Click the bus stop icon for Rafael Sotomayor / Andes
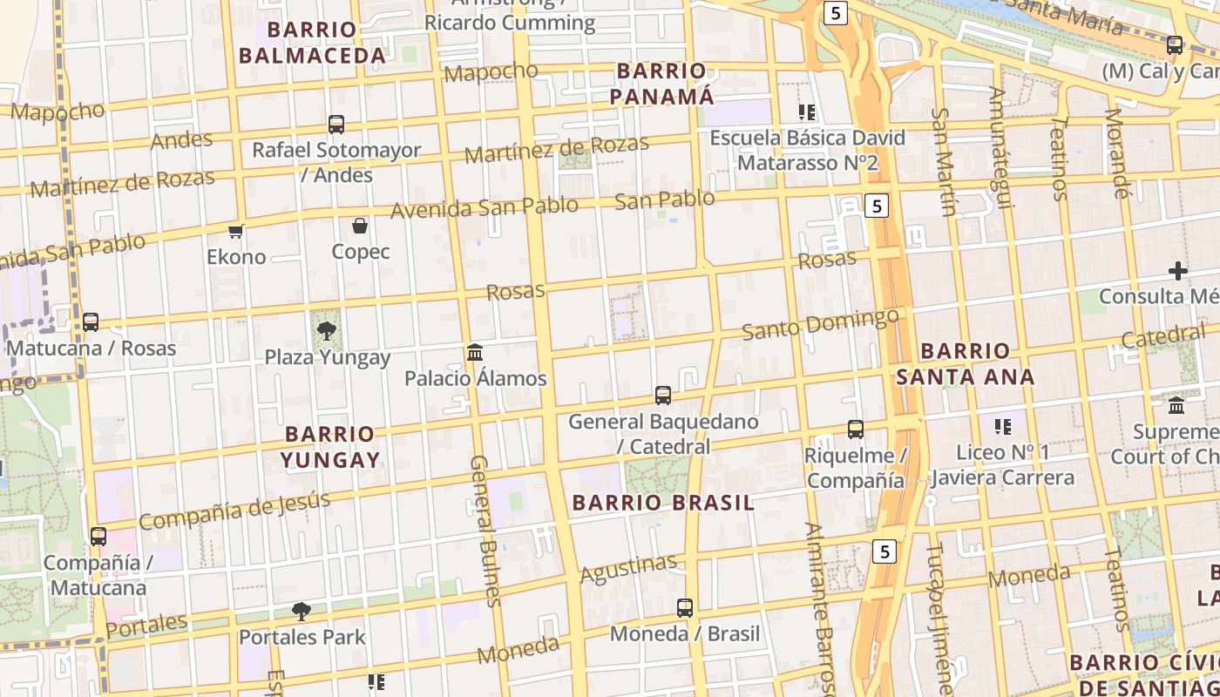pyautogui.click(x=336, y=125)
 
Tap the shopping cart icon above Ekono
pyautogui.click(x=235, y=231)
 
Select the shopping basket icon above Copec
pyautogui.click(x=360, y=227)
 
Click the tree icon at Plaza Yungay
pyautogui.click(x=327, y=330)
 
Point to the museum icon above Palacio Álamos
pyautogui.click(x=475, y=352)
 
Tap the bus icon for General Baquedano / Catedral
pyautogui.click(x=663, y=396)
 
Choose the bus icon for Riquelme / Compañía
pyautogui.click(x=856, y=430)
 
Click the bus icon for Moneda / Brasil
pyautogui.click(x=685, y=608)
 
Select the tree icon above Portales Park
pyautogui.click(x=302, y=611)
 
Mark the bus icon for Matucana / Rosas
pyautogui.click(x=91, y=322)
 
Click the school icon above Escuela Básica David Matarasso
pyautogui.click(x=807, y=112)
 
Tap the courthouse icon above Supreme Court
pyautogui.click(x=1176, y=405)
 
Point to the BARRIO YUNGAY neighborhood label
pyautogui.click(x=330, y=447)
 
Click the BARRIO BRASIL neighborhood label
pyautogui.click(x=663, y=503)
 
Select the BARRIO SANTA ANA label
pyautogui.click(x=966, y=364)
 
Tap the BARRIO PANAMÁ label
pyautogui.click(x=661, y=84)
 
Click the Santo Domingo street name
pyautogui.click(x=820, y=325)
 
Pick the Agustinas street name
pyautogui.click(x=628, y=569)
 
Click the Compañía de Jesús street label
pyautogui.click(x=234, y=511)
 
